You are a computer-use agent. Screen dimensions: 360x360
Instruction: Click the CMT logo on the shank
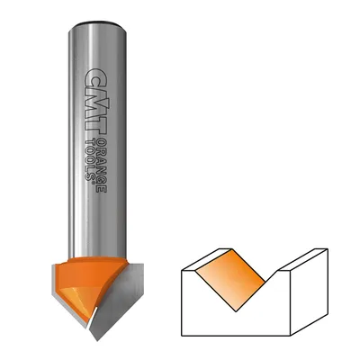click(94, 101)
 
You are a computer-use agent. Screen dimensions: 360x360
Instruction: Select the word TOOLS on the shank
click(90, 159)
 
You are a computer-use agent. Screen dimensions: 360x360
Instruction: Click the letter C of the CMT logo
click(94, 76)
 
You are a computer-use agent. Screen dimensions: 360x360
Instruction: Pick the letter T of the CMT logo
click(94, 126)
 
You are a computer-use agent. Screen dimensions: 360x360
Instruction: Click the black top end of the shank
click(97, 23)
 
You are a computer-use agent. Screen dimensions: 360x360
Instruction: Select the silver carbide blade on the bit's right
click(118, 300)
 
